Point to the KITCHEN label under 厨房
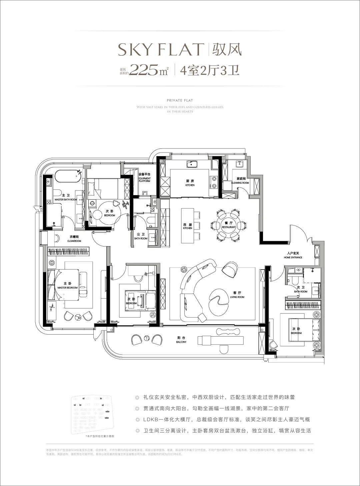pos(190,185)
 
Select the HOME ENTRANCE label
pos(293,258)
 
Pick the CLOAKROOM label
pos(74,240)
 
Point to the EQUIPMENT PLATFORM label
pos(144,179)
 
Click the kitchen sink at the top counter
pos(192,164)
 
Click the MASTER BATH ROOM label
pos(66,199)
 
